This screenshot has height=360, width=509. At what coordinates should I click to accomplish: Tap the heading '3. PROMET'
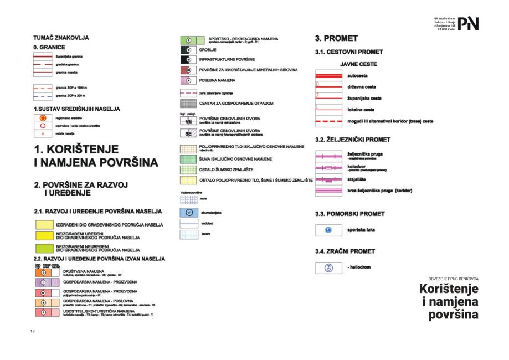click(336, 39)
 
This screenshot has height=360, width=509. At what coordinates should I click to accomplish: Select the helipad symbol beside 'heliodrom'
click(327, 268)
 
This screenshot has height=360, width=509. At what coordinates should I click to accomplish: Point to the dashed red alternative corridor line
click(327, 121)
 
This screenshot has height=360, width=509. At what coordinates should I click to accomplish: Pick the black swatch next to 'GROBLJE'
click(188, 49)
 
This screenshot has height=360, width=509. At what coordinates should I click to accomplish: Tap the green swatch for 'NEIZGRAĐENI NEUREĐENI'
click(43, 249)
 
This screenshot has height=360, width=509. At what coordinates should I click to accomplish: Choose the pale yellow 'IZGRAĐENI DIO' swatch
click(43, 225)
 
